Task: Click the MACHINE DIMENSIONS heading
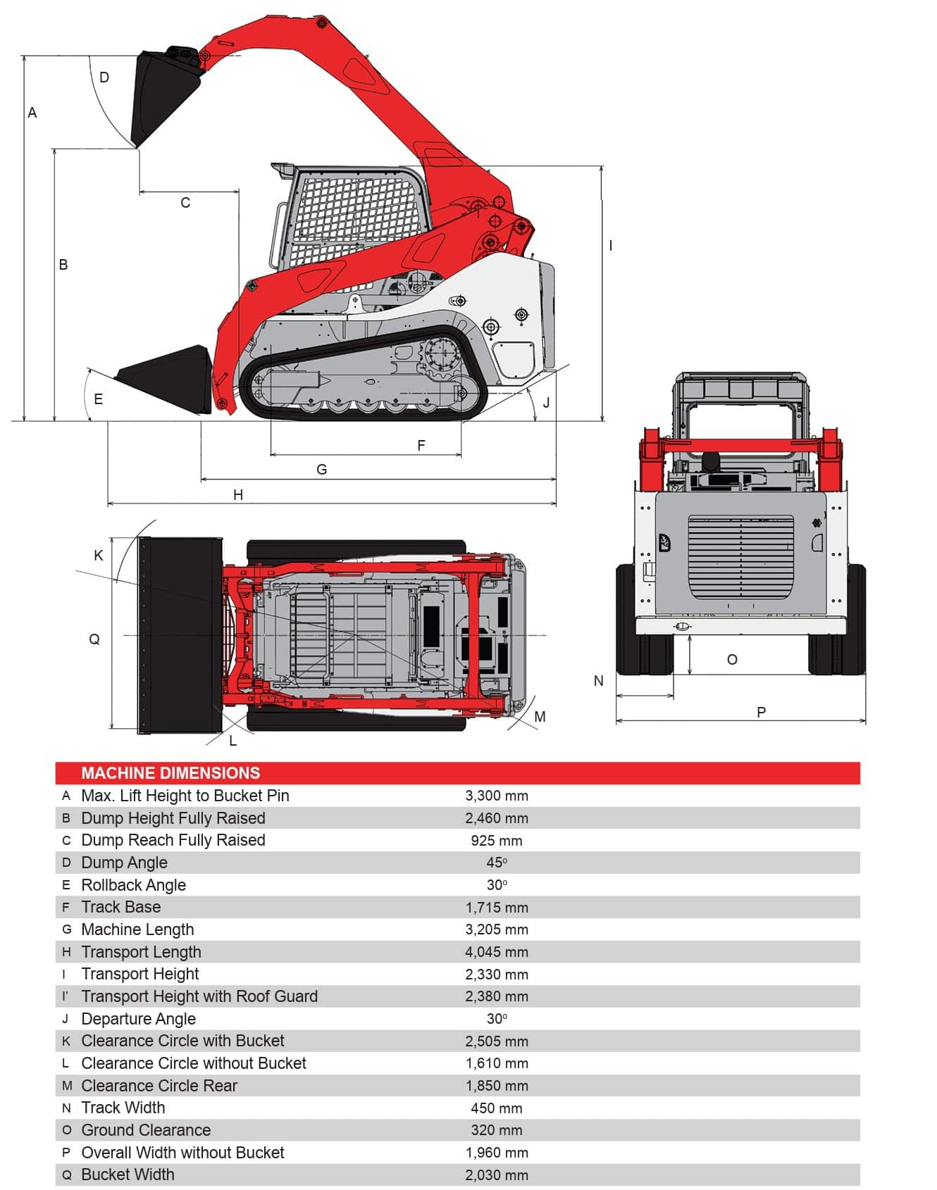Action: click(170, 772)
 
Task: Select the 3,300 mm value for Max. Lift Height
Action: click(496, 796)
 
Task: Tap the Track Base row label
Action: click(120, 907)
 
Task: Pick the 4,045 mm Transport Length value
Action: click(496, 952)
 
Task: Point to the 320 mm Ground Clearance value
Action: click(496, 1130)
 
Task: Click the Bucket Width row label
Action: click(128, 1175)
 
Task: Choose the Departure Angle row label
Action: click(138, 1019)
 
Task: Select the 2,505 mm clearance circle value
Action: click(496, 1041)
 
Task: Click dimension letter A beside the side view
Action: click(32, 113)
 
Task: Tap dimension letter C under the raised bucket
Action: click(185, 203)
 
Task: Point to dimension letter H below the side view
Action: click(238, 495)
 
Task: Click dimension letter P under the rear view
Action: click(761, 712)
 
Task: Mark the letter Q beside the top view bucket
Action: click(94, 639)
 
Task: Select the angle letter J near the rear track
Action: click(546, 403)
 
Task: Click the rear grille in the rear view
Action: click(740, 556)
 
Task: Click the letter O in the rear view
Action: click(732, 660)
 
